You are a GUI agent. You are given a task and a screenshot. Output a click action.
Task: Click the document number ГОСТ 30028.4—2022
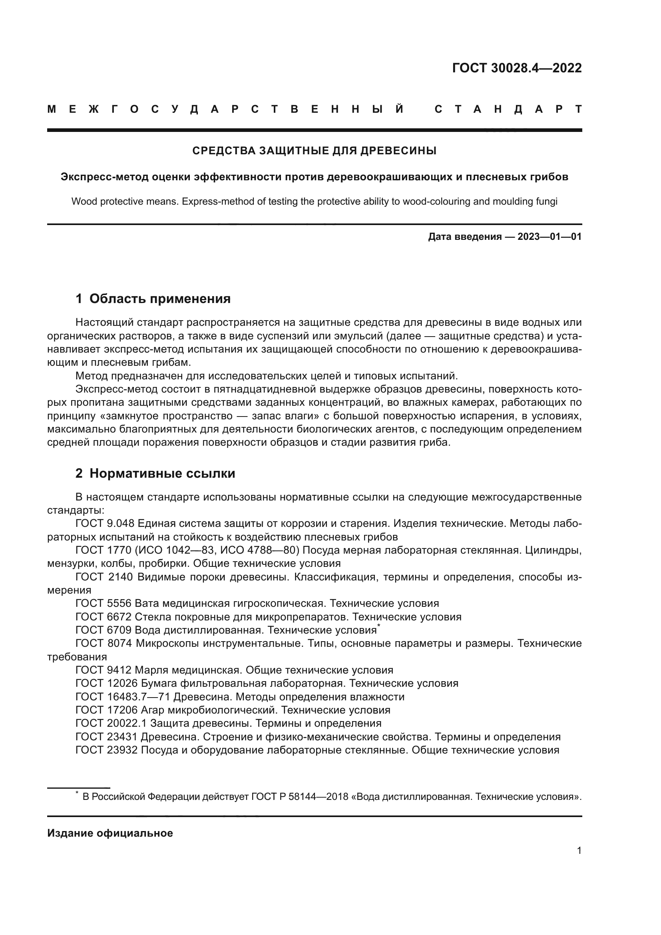click(x=516, y=68)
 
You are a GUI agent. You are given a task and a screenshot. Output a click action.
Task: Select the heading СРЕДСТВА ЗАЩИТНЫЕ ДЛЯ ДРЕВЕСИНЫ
click(x=314, y=151)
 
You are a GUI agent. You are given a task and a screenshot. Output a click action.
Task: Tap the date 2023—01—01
click(x=550, y=237)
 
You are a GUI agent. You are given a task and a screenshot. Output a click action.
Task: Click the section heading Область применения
click(x=159, y=299)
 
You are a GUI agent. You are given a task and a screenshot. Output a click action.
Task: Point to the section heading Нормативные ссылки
click(x=162, y=473)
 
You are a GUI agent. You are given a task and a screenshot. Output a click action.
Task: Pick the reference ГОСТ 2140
click(x=104, y=577)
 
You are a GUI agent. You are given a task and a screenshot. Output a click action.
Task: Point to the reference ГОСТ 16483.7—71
click(x=123, y=697)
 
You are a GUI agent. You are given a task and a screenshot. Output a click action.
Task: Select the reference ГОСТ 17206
click(x=106, y=710)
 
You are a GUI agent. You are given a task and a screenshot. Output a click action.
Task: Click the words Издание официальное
click(x=110, y=833)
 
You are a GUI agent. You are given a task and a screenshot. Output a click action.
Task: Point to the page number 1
click(x=579, y=851)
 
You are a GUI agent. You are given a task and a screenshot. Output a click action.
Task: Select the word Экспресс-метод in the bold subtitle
click(x=105, y=177)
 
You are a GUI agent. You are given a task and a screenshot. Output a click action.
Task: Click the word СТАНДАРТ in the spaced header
click(x=508, y=110)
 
